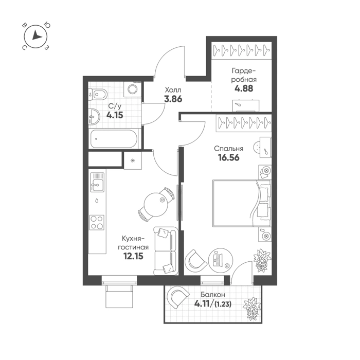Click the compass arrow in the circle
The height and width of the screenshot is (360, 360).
(37, 35)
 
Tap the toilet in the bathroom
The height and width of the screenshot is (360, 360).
(98, 94)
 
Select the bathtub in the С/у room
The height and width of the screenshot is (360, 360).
(114, 139)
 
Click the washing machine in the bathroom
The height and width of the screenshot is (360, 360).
(132, 89)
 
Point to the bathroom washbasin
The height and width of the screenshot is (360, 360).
(94, 117)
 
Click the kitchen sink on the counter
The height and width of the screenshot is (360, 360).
(97, 182)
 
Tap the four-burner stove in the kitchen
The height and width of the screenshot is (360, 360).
(97, 223)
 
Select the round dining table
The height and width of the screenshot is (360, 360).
(156, 205)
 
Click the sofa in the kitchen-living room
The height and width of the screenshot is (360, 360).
(166, 251)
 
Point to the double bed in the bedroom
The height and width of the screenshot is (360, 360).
(242, 204)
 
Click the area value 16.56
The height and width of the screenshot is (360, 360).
(229, 158)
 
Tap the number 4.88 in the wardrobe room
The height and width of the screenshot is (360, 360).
(244, 88)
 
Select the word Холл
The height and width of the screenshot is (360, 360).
(173, 90)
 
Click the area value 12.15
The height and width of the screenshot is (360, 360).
(133, 256)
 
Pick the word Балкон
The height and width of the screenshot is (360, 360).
(212, 295)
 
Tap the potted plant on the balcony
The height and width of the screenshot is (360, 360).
(252, 309)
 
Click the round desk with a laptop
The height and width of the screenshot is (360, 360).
(221, 261)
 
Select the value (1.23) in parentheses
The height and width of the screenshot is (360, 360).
(223, 304)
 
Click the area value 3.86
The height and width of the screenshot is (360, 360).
(173, 99)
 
